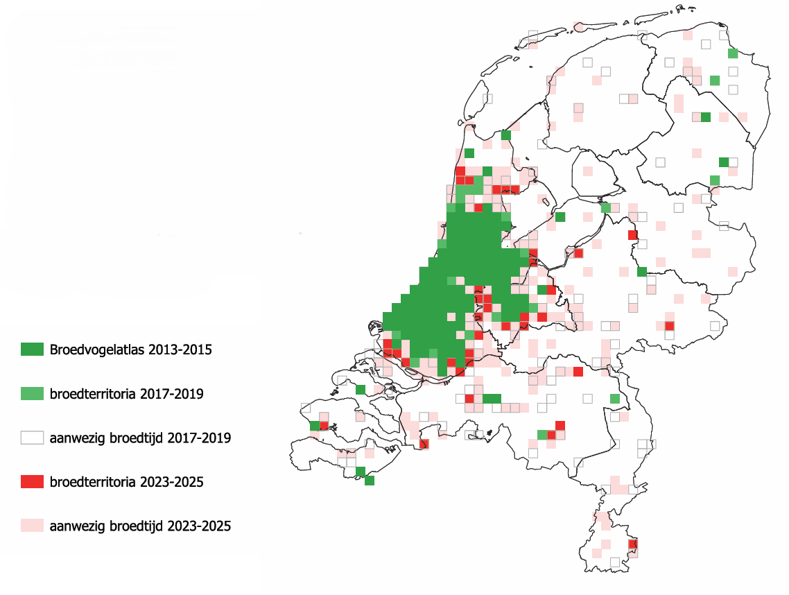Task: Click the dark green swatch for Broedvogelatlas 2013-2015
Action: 32,350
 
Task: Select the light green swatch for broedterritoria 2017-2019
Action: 32,394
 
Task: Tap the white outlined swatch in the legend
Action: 32,438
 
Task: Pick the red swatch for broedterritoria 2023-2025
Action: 32,482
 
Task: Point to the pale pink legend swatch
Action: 32,526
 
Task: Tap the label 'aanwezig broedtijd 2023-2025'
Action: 140,526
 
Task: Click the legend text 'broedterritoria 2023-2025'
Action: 126,482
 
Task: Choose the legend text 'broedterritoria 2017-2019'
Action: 126,394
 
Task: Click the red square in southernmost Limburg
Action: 632,544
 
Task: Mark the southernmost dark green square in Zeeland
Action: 370,481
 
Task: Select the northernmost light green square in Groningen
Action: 733,53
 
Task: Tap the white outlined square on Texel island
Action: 487,98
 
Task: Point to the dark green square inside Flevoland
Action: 560,217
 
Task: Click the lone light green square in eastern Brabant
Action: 614,398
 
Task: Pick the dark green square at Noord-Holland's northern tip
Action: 506,135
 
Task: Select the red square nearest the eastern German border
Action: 669,326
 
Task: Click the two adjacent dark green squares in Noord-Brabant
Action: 492,398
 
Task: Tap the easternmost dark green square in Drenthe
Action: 724,162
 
